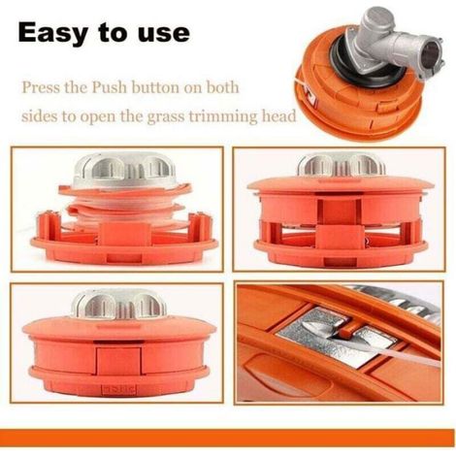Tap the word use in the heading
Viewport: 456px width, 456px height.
tap(164, 33)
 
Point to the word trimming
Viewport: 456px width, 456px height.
tap(223, 115)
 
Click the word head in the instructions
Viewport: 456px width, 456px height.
tap(278, 115)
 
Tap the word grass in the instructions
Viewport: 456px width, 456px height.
tap(166, 117)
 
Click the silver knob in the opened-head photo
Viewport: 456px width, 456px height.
tap(124, 170)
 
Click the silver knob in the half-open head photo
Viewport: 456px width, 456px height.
tap(342, 166)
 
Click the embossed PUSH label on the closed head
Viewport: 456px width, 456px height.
tap(118, 389)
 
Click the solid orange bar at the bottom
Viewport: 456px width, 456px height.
tap(227, 439)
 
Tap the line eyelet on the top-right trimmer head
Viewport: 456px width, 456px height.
tap(311, 97)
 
